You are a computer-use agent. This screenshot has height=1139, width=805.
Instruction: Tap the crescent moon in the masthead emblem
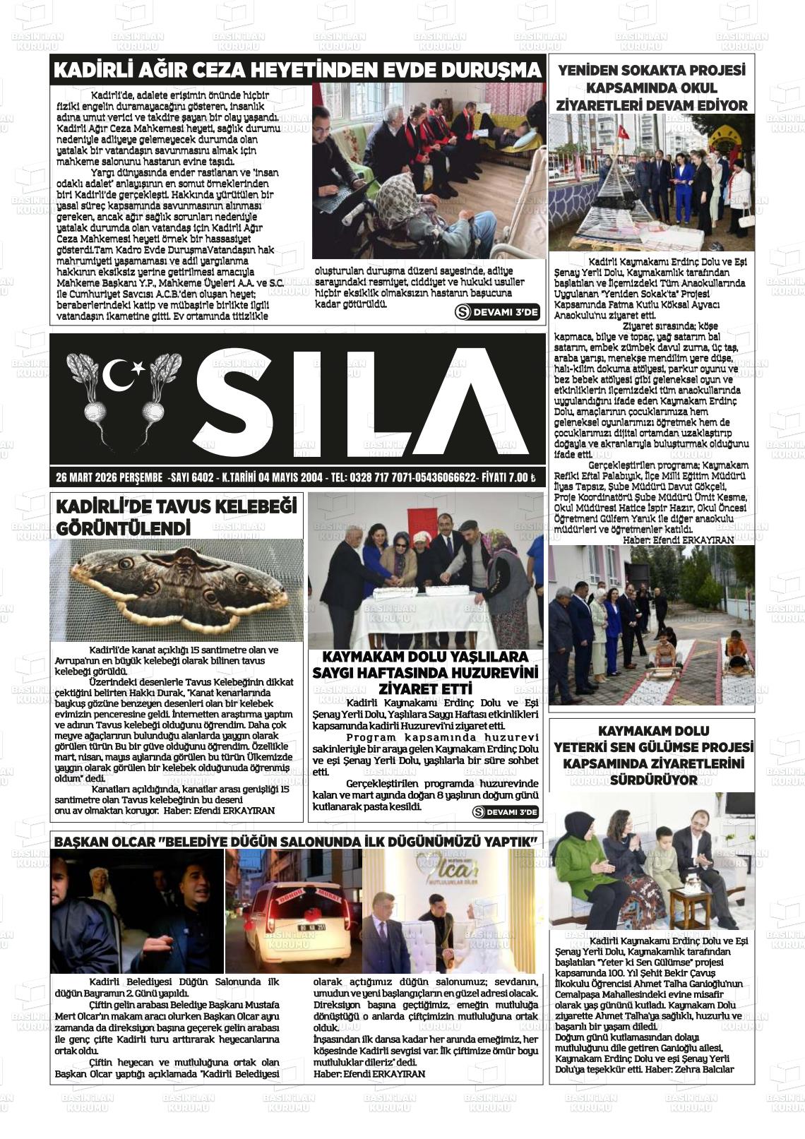point(119,374)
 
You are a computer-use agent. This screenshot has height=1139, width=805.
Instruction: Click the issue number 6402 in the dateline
point(201,478)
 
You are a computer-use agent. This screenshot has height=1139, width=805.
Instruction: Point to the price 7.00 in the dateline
point(514,478)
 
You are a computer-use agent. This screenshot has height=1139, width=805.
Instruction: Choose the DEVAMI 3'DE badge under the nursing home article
point(505,813)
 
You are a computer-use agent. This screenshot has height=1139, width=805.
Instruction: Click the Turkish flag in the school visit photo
point(624,131)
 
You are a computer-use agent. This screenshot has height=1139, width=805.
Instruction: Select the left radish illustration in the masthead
point(90,396)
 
